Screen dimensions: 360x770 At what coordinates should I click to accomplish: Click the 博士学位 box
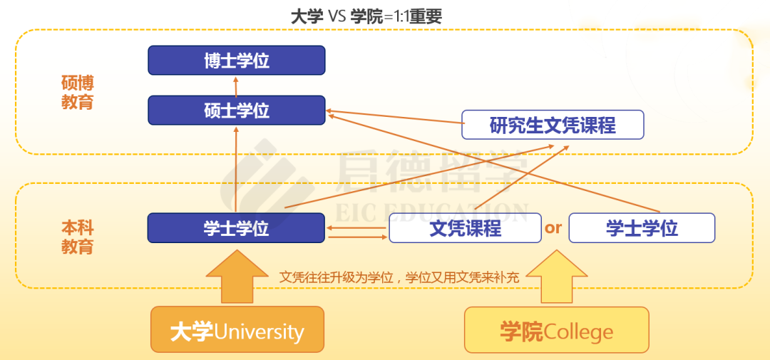coord(236,60)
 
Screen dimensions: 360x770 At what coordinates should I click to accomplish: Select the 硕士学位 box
coord(236,110)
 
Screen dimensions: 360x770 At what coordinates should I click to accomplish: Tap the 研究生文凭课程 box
coord(553,125)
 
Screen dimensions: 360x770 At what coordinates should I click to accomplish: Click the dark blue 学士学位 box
coord(236,228)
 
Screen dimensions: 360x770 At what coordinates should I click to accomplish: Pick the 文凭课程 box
coord(465,228)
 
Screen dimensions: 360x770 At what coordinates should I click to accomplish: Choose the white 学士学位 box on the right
coord(642,228)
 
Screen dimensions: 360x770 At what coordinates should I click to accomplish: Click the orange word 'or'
coord(554,228)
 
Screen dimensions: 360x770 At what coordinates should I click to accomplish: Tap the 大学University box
coord(237,330)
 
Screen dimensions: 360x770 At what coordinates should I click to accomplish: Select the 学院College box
coord(556,330)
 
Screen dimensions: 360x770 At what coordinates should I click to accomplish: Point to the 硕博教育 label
coord(77,93)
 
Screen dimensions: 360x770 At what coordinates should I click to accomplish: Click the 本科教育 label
coord(77,237)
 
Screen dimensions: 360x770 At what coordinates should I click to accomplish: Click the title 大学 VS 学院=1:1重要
coord(366,16)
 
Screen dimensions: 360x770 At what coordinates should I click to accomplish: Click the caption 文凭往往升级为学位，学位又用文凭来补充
coord(399,277)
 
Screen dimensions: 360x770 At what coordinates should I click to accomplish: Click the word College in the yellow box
coord(578,331)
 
